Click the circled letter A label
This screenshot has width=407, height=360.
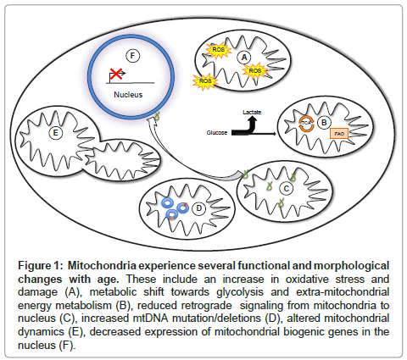pyautogui.click(x=244, y=58)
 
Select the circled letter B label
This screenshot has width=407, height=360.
pyautogui.click(x=324, y=123)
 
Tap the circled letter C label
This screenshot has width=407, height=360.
pyautogui.click(x=287, y=188)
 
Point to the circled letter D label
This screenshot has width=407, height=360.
pyautogui.click(x=199, y=208)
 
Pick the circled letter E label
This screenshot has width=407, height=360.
pyautogui.click(x=55, y=133)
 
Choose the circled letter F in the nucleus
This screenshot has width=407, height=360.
pyautogui.click(x=132, y=56)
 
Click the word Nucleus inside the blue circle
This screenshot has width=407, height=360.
pyautogui.click(x=128, y=95)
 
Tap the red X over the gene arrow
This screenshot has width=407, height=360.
pyautogui.click(x=116, y=74)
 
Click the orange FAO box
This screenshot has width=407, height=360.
pyautogui.click(x=339, y=134)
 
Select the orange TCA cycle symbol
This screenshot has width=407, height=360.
pyautogui.click(x=307, y=123)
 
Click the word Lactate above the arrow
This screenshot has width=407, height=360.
pyautogui.click(x=252, y=112)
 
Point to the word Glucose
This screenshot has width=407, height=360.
pyautogui.click(x=217, y=133)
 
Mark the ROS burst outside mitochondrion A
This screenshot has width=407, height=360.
pyautogui.click(x=205, y=81)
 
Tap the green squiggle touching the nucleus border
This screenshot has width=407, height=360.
pyautogui.click(x=158, y=115)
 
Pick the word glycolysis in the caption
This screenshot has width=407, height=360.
pyautogui.click(x=240, y=292)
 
